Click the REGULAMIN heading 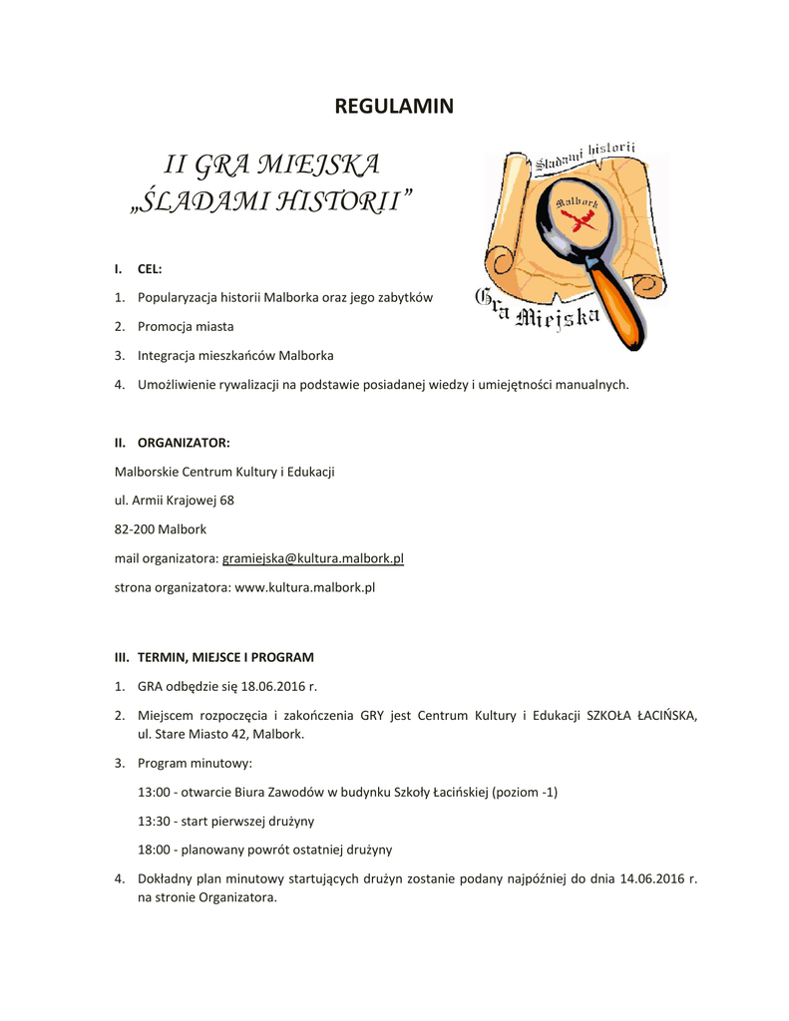pyautogui.click(x=394, y=106)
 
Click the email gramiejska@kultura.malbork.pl pyautogui.click(x=312, y=558)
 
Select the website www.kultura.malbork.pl pyautogui.click(x=304, y=587)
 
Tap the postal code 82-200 pyautogui.click(x=135, y=529)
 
